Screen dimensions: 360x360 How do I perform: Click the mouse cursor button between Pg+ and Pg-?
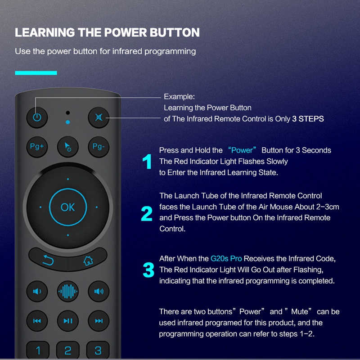click(x=68, y=147)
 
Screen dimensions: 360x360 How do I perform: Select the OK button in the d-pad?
click(x=68, y=207)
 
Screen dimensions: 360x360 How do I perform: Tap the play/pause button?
click(x=68, y=321)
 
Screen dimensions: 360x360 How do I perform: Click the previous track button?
click(x=37, y=321)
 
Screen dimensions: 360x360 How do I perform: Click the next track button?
click(x=99, y=321)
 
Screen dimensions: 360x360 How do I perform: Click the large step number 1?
click(x=147, y=162)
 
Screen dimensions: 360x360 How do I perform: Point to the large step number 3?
click(x=148, y=270)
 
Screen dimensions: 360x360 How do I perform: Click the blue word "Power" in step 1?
click(x=242, y=150)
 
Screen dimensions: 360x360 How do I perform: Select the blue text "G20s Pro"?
click(x=226, y=259)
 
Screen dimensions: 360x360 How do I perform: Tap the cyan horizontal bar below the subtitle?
click(x=36, y=72)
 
